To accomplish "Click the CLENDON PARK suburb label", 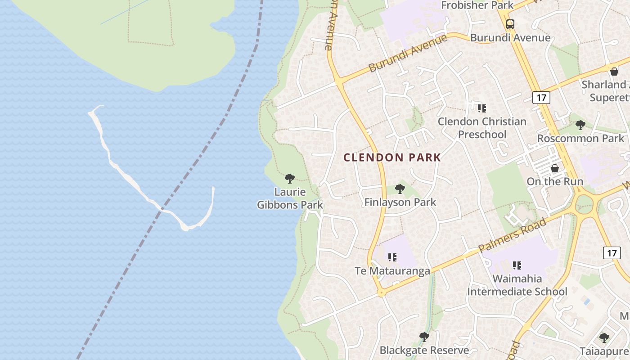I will [x=392, y=157].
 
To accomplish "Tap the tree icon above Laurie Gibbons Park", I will [x=290, y=179].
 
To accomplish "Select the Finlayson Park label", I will [x=400, y=202].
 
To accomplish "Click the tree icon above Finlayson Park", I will [x=400, y=189].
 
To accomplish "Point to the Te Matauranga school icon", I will [x=392, y=257].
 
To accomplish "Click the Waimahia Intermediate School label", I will [x=517, y=285].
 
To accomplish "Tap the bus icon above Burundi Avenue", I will [x=510, y=24].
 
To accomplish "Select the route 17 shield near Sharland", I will [x=541, y=97].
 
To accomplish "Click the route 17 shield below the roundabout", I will [x=612, y=253].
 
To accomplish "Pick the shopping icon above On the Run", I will [x=554, y=168].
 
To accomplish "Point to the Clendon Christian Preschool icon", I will [x=482, y=108].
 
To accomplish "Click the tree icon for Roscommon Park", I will [x=580, y=125].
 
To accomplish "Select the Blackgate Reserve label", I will [x=424, y=350].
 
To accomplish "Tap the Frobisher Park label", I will [x=477, y=5].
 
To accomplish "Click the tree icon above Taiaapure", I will [x=604, y=337].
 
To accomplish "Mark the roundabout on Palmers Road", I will [x=585, y=204].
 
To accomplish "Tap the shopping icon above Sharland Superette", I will [x=614, y=72].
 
